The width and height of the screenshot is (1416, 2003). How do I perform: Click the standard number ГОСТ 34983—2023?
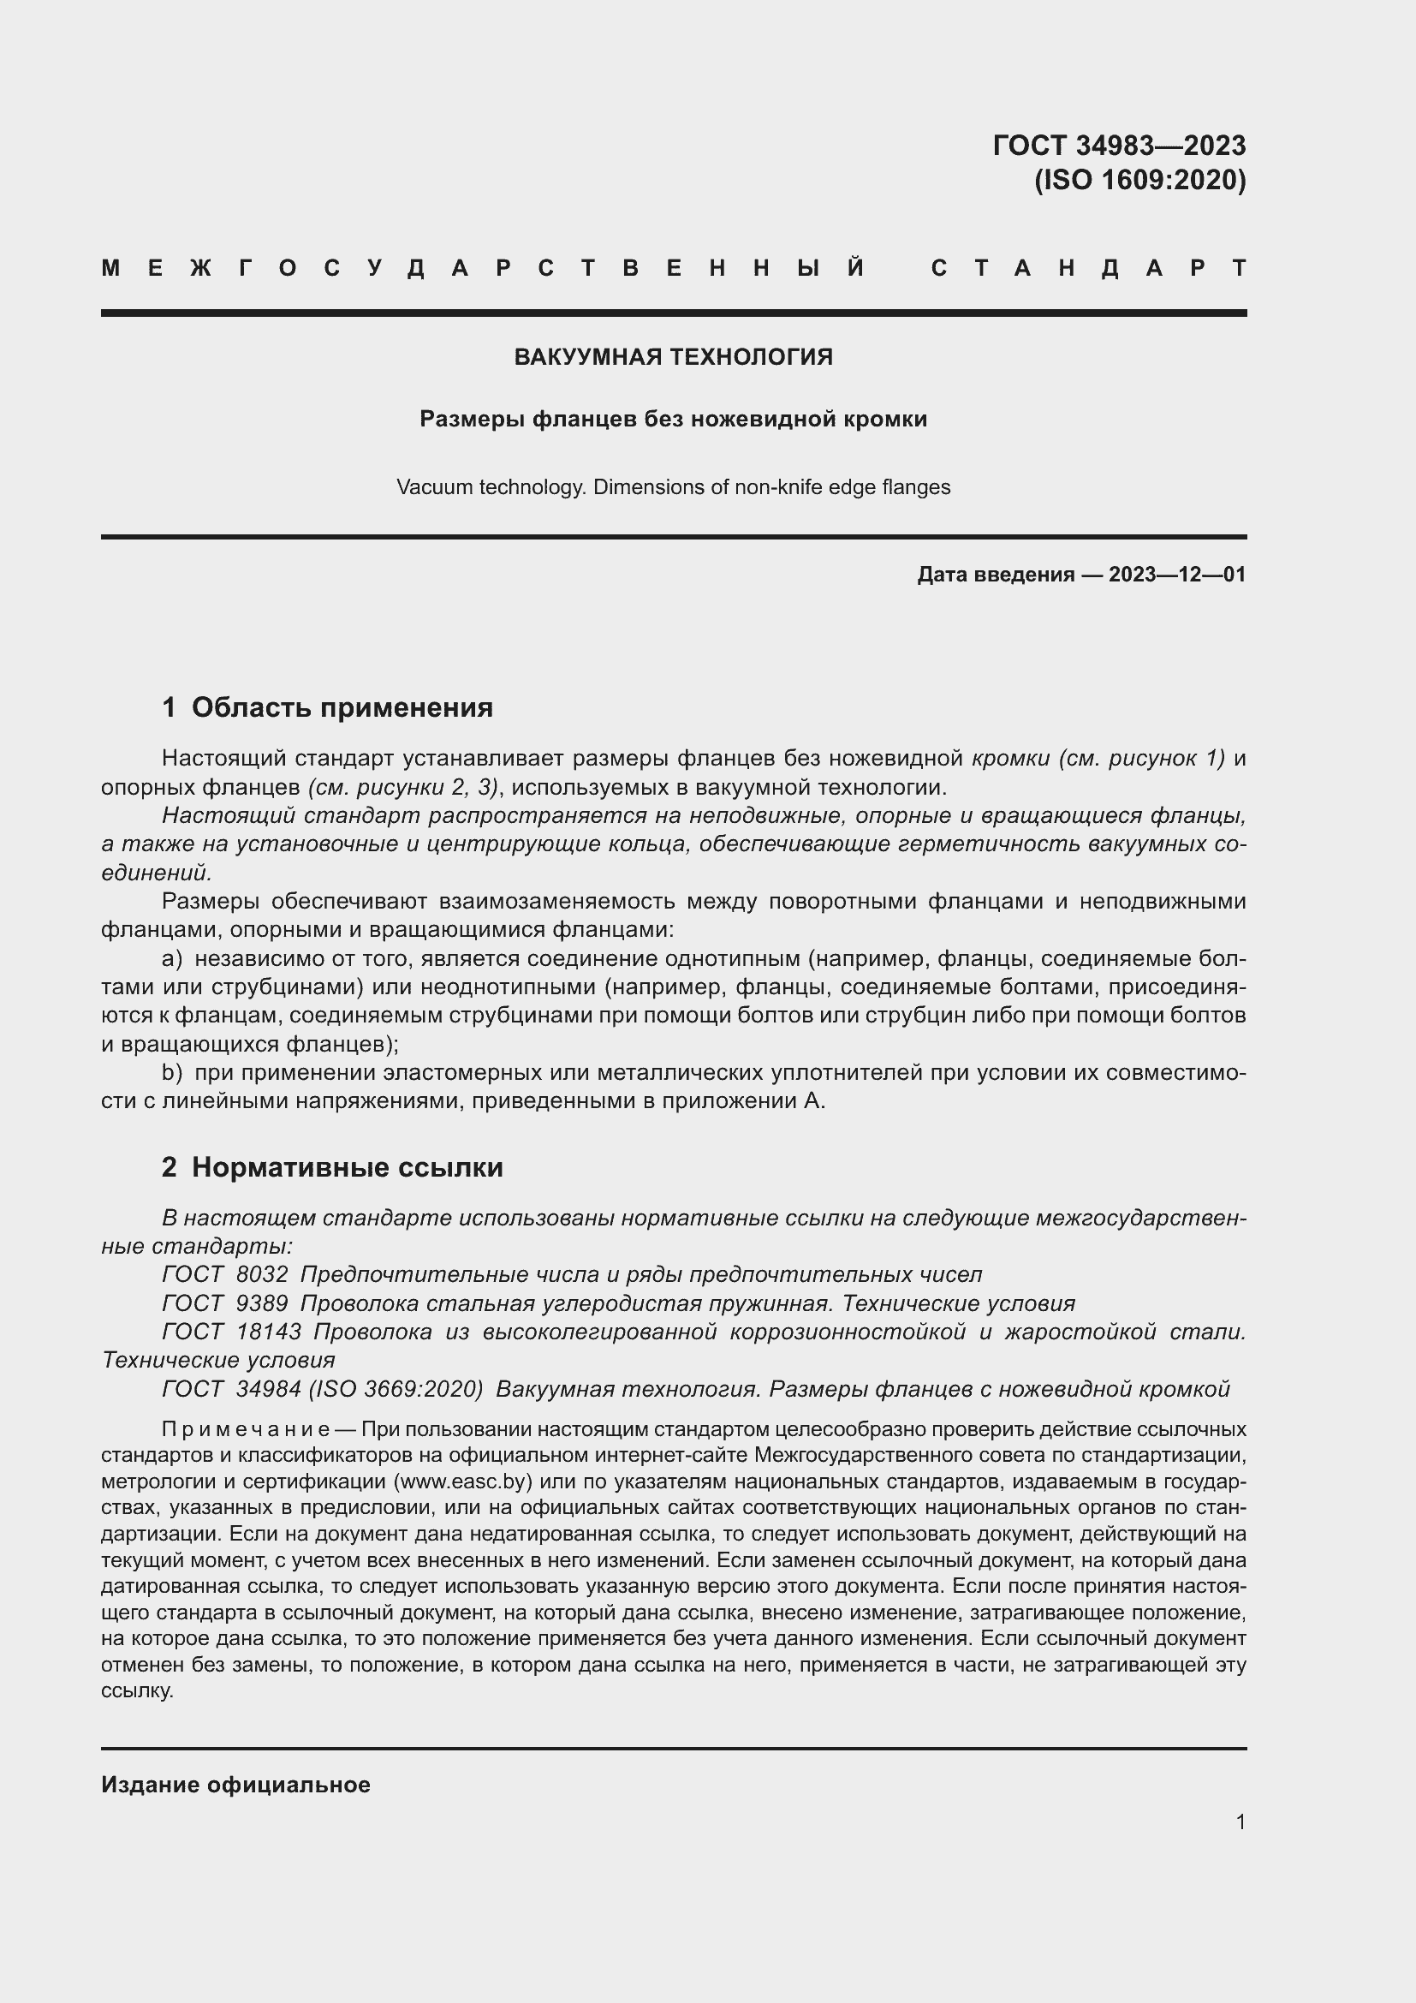click(1119, 145)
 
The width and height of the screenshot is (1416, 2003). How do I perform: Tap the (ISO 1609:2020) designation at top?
click(1139, 180)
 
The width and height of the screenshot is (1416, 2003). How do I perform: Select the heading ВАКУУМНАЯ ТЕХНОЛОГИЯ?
click(673, 357)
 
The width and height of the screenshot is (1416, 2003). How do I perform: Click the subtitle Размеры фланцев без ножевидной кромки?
click(673, 420)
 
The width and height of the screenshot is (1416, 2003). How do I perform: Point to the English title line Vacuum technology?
click(673, 486)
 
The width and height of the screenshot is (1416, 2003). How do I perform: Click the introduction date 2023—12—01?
click(1176, 575)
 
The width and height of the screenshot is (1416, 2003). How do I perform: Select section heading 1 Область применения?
click(327, 706)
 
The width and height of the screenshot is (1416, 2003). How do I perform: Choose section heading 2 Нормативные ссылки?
click(332, 1167)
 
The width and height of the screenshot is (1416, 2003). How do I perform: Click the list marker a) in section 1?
click(173, 959)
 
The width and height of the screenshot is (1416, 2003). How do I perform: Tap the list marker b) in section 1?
click(173, 1072)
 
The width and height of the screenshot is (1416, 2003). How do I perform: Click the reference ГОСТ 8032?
click(225, 1274)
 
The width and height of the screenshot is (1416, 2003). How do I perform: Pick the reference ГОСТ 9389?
click(225, 1303)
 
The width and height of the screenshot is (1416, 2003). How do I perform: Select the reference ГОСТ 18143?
click(231, 1332)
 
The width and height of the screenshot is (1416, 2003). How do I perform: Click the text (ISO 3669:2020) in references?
click(396, 1389)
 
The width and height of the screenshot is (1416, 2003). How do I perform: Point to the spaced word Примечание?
click(245, 1430)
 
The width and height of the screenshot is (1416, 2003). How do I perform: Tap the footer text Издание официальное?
click(235, 1785)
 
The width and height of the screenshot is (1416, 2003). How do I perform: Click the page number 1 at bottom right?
click(1240, 1821)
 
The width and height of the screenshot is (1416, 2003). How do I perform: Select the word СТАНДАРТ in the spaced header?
click(1089, 269)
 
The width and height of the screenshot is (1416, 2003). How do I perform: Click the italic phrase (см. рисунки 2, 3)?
click(403, 787)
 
